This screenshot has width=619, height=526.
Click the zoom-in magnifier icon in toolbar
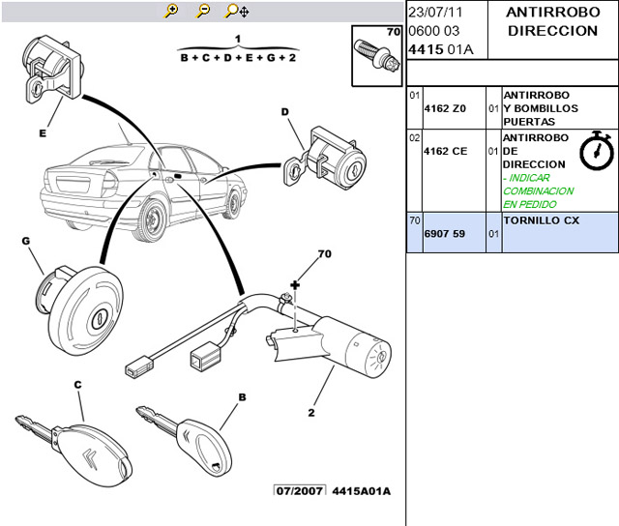point(172,11)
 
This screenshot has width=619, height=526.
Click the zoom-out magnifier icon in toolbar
point(203,11)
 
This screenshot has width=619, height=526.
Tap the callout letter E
point(43,133)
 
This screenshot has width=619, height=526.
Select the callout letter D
point(285,111)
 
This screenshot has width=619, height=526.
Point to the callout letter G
point(25,241)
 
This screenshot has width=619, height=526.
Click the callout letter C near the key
point(77,384)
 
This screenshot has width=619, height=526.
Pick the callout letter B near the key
point(242,396)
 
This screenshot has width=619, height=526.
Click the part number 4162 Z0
point(445,108)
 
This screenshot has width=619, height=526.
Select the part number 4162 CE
point(445,151)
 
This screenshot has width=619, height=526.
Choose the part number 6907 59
point(445,234)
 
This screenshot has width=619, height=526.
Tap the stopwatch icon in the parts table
point(595,150)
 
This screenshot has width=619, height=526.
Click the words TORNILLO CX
point(542,220)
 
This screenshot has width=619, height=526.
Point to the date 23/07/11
point(436,13)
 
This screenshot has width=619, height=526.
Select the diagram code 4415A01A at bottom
point(361,491)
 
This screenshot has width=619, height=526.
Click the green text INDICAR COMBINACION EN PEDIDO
point(538,190)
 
